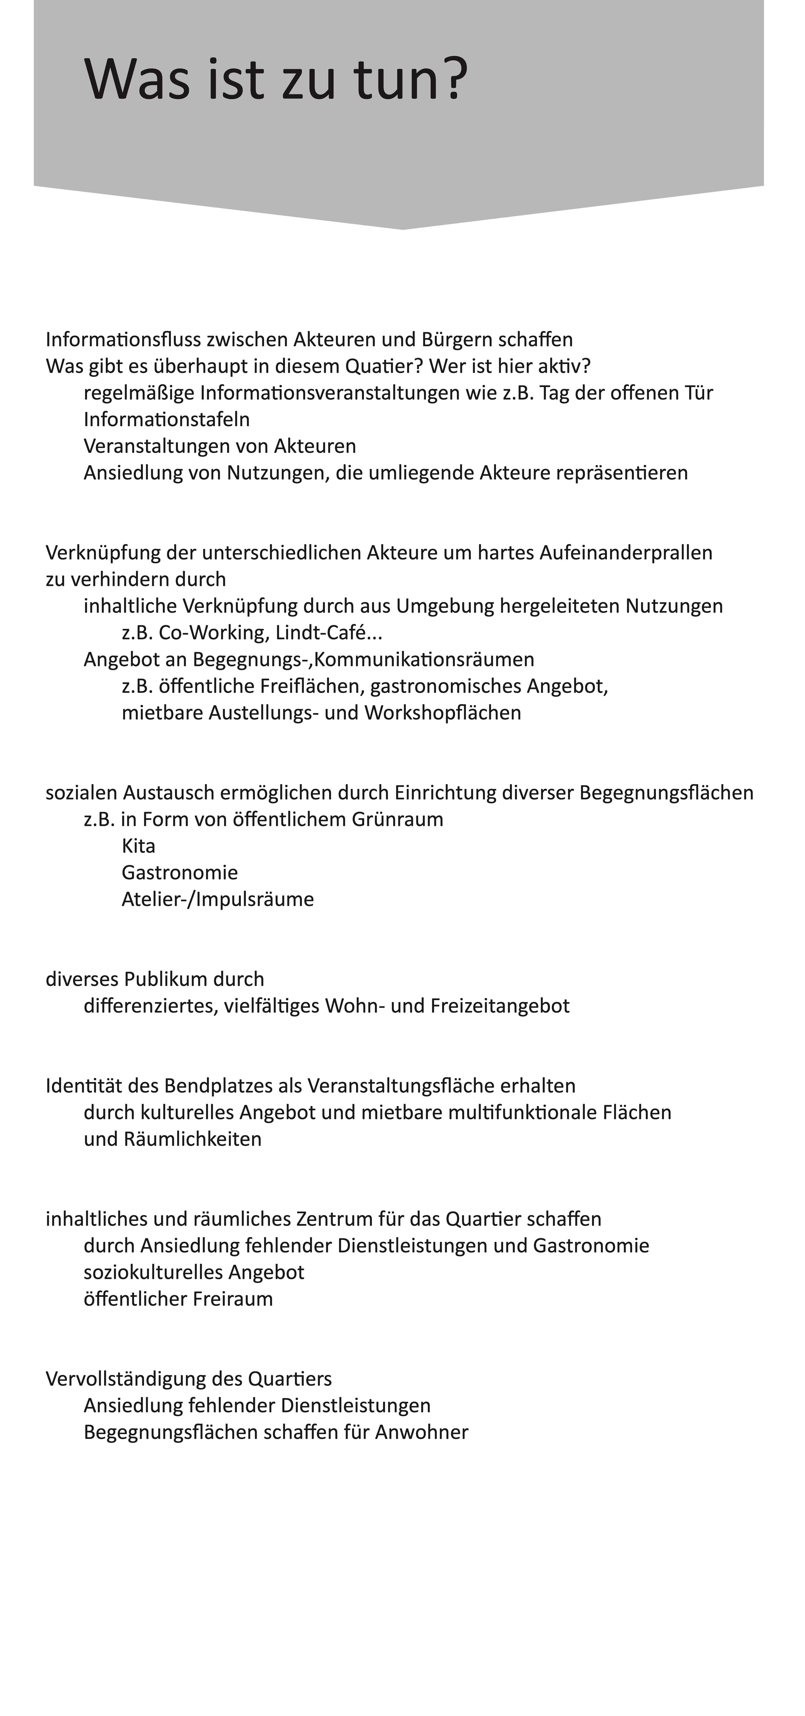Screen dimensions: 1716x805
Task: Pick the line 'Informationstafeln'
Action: pos(166,420)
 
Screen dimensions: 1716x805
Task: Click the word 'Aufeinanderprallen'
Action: pos(626,553)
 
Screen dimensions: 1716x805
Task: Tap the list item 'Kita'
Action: pos(139,846)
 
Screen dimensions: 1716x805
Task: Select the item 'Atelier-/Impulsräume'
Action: pos(218,899)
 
